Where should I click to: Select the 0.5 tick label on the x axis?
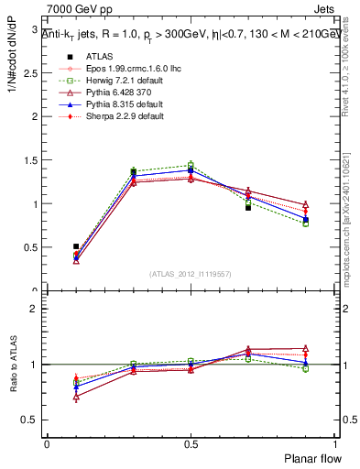[x=191, y=443]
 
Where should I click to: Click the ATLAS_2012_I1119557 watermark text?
[x=190, y=274]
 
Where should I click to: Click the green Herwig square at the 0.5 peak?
[x=191, y=165]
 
